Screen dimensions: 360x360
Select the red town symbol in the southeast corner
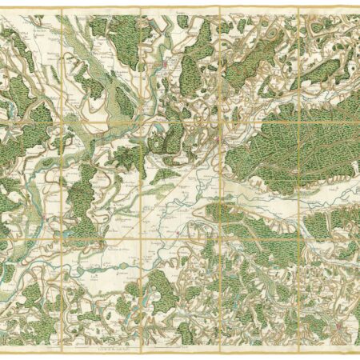pos(339,326)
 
